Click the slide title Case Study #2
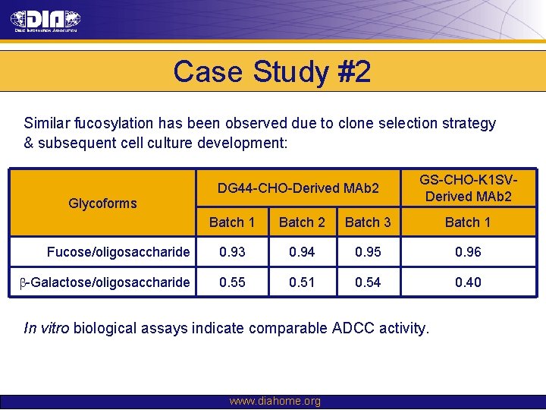pyautogui.click(x=272, y=72)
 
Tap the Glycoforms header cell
pyautogui.click(x=102, y=203)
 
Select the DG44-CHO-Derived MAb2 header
pyautogui.click(x=298, y=188)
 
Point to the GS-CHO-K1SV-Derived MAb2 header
pyautogui.click(x=468, y=188)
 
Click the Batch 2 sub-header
pyautogui.click(x=302, y=222)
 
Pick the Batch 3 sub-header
pyautogui.click(x=368, y=222)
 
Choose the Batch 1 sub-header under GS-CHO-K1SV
pyautogui.click(x=468, y=222)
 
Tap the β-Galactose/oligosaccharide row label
pyautogui.click(x=104, y=282)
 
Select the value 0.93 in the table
pyautogui.click(x=231, y=252)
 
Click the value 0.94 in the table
pyautogui.click(x=302, y=252)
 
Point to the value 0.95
pyautogui.click(x=368, y=252)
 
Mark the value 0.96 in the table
pyautogui.click(x=468, y=252)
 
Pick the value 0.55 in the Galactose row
pyautogui.click(x=231, y=282)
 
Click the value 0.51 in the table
pyautogui.click(x=302, y=282)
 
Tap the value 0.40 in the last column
pyautogui.click(x=468, y=282)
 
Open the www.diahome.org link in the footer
pyautogui.click(x=275, y=402)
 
